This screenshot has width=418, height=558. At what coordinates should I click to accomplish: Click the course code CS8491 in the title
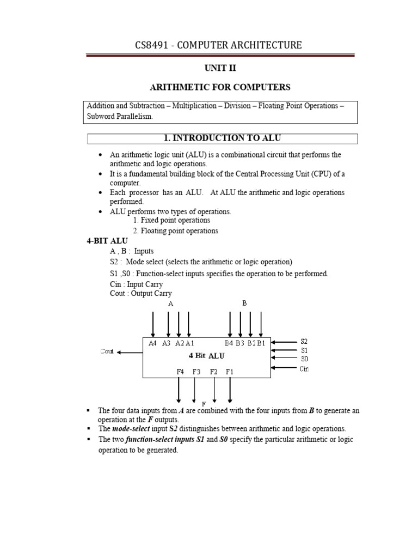point(154,45)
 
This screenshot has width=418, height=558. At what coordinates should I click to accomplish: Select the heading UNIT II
point(220,68)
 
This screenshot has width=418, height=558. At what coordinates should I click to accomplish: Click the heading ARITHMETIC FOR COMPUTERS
point(220,87)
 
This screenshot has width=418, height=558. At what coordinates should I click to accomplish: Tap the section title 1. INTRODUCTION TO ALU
point(220,138)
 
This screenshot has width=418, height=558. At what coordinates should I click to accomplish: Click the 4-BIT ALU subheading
point(107,241)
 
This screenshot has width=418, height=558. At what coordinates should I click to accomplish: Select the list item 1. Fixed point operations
point(171,220)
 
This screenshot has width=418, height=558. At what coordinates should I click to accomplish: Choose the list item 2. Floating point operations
point(175,231)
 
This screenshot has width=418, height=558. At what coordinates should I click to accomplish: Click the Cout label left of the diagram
point(107,352)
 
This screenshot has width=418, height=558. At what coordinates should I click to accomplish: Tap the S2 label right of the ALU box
point(304,341)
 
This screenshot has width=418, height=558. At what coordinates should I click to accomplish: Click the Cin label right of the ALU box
point(304,369)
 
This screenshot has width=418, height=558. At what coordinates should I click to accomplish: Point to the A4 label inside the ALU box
point(153,343)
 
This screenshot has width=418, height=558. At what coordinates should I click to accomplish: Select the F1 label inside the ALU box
point(230,372)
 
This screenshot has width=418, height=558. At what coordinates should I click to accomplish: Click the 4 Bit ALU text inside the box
point(206,356)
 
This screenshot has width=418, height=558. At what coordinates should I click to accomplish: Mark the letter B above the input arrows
point(244,303)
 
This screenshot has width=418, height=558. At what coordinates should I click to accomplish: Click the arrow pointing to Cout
point(130,353)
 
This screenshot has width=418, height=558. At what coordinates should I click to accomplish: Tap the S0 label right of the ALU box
point(304,359)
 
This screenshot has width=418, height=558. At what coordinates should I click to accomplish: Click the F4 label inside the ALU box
point(180,372)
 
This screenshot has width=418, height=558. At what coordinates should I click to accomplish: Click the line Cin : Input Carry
point(136,284)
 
